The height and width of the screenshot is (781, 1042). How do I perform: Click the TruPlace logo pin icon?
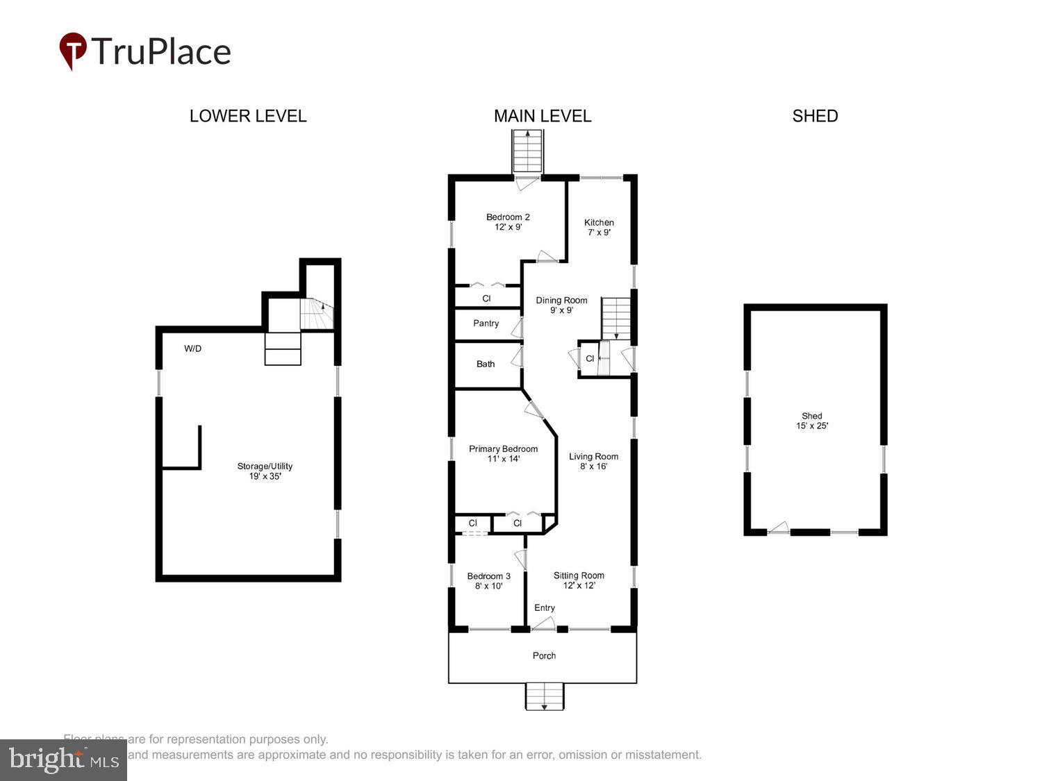[x=73, y=51]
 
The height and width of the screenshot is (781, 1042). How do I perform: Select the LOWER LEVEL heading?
[x=248, y=116]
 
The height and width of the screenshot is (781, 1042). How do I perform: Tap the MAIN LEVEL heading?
[x=543, y=116]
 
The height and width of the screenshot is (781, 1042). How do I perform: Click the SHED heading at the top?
[x=815, y=116]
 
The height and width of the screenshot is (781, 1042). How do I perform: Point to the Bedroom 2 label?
[x=508, y=221]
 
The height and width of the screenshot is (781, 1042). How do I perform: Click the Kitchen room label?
[x=599, y=227]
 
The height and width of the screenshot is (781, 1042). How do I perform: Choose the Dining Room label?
[x=561, y=305]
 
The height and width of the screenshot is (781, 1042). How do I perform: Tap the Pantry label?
[x=486, y=324]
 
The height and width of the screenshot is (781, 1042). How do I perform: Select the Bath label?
[x=486, y=364]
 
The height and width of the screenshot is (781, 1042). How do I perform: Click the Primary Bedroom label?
[x=503, y=453]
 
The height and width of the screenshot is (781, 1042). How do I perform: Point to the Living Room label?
[x=593, y=461]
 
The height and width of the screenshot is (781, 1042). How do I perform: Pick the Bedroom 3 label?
[x=488, y=580]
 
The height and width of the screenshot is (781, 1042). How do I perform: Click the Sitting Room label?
[x=579, y=580]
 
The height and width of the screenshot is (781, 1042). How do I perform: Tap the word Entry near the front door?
[x=545, y=608]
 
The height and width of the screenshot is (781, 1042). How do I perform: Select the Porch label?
[x=544, y=656]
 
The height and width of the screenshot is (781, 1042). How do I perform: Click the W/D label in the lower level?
[x=193, y=348]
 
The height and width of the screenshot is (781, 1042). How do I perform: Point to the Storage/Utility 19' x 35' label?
[x=265, y=471]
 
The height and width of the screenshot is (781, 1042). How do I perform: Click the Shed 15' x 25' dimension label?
[x=812, y=421]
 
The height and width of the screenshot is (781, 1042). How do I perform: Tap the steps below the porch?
[x=545, y=696]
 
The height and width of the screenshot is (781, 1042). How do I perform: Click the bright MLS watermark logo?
[x=63, y=759]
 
